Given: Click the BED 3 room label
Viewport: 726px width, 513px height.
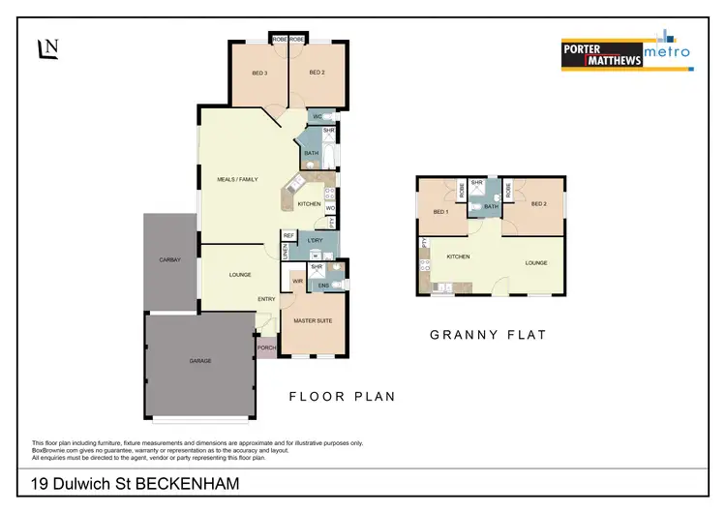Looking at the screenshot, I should [259, 74].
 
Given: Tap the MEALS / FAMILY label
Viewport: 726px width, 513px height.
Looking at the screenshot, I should [236, 179].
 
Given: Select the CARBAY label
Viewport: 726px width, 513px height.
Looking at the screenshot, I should [170, 260].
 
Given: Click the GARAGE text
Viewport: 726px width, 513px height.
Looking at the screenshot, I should [200, 361].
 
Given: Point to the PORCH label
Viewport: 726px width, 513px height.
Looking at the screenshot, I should [266, 348].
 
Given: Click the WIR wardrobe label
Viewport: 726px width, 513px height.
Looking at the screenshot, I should [297, 282].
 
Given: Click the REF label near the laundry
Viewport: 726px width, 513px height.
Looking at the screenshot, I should [287, 235].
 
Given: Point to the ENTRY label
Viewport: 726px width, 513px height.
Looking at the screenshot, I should [266, 299].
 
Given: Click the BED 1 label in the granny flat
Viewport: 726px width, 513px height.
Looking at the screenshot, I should [440, 212].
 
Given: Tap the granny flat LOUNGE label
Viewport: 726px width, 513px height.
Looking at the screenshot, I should [536, 262].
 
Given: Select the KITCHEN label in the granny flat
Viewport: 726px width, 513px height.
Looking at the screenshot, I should [458, 256].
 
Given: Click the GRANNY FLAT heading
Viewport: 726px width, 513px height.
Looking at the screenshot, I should [488, 335].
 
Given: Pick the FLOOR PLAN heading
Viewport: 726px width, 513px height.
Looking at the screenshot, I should [342, 396].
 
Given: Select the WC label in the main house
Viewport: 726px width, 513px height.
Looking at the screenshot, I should [317, 116].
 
